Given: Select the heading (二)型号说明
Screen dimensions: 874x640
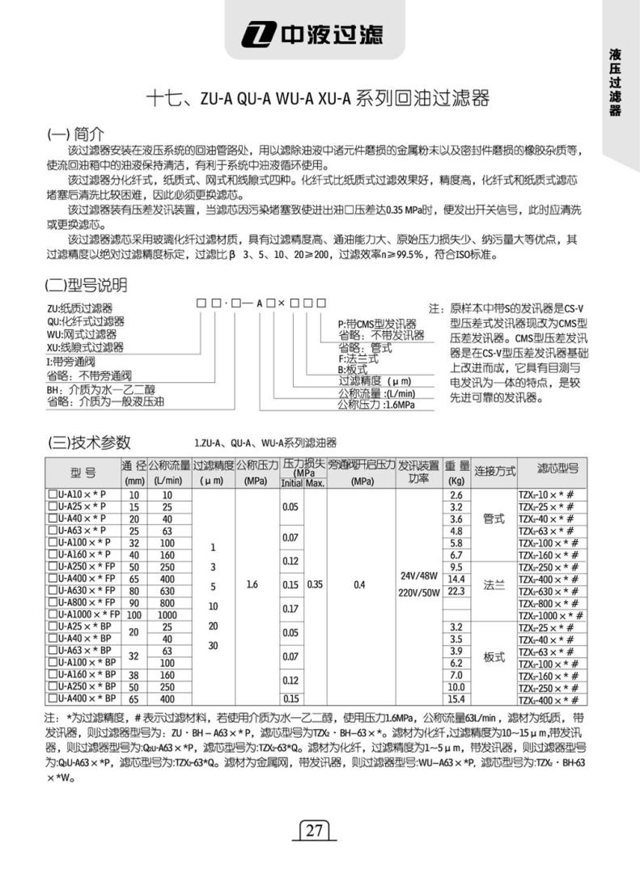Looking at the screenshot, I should coord(85,286).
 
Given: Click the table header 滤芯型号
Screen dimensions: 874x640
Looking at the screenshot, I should coord(557,469).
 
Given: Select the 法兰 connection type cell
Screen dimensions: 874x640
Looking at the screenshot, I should coord(494,585).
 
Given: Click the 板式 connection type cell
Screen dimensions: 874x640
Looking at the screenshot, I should coord(494,658).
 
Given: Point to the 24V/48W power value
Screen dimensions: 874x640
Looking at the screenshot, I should coord(419,577).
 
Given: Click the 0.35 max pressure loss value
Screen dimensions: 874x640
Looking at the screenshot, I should coord(316,583).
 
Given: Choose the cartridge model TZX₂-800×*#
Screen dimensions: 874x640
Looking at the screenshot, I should coord(546,604).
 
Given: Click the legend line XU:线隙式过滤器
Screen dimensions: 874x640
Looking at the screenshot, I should coord(85,347).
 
